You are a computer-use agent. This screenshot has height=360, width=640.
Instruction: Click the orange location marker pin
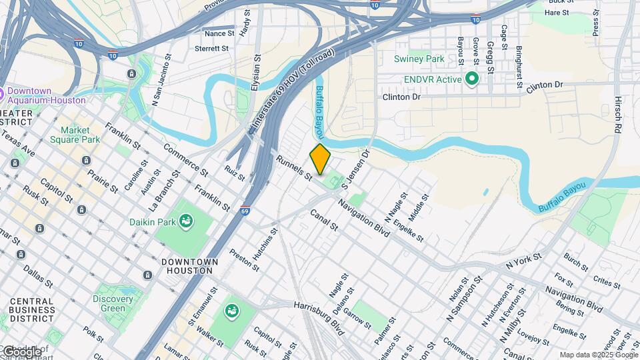(x=321, y=159)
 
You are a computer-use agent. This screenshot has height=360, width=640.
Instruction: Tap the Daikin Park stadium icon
(x=185, y=220)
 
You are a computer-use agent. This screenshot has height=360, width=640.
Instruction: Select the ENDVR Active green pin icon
(x=472, y=79)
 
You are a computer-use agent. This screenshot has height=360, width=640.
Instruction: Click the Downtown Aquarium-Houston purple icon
(x=2, y=92)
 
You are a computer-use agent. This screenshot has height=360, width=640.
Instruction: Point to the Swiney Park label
(x=419, y=59)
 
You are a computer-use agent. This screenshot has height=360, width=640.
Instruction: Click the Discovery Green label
(x=113, y=304)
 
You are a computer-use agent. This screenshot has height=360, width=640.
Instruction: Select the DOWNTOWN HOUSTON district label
(x=187, y=266)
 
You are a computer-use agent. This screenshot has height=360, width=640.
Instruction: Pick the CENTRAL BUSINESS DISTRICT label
(x=31, y=309)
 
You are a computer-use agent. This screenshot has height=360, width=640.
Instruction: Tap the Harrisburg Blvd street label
(x=318, y=309)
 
